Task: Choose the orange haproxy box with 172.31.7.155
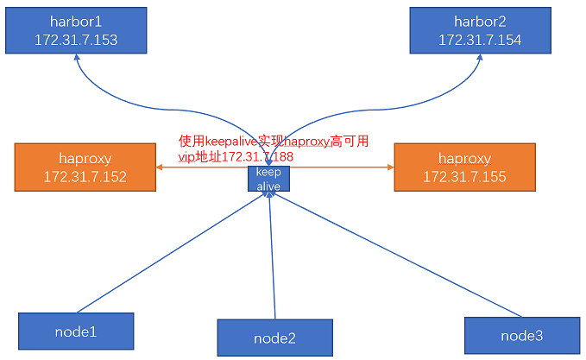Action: tap(464, 168)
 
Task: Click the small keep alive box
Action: tap(268, 180)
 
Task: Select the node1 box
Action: tap(76, 332)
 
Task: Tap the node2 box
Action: tap(274, 338)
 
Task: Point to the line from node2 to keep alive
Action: tap(273, 259)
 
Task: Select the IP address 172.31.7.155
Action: tap(464, 177)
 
